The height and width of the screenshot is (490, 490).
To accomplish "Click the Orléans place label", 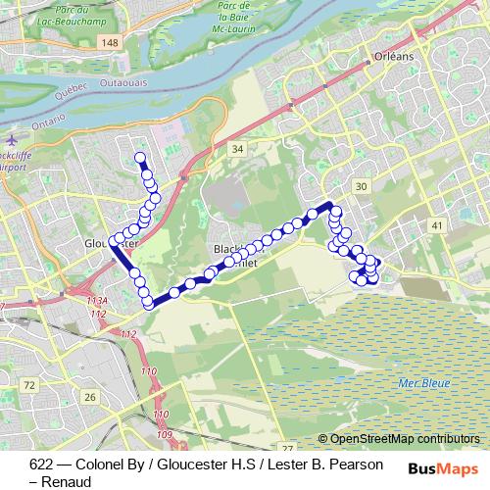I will tap(394, 58).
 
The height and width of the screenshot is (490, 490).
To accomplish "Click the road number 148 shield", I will tap(109, 42).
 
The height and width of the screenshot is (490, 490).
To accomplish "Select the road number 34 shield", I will tap(236, 149).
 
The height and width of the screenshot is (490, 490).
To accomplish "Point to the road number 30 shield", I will tap(362, 186).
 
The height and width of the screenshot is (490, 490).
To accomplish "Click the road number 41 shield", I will tap(436, 225).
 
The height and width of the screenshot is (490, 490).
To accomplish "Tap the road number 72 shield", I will tap(29, 385).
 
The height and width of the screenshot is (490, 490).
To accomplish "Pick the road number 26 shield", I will tap(90, 396).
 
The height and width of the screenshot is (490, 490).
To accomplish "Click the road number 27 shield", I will tap(286, 447).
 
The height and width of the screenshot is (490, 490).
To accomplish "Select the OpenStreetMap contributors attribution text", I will tap(404, 439).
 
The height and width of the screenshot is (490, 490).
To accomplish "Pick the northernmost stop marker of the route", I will tap(140, 157).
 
